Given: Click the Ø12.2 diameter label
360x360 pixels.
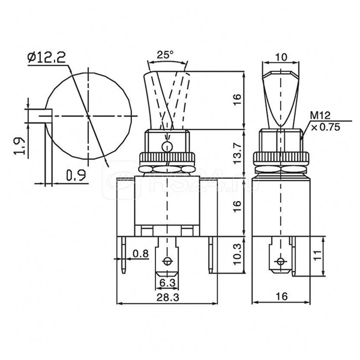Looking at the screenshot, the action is pos(46,58).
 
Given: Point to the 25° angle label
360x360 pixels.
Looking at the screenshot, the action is pos(166,55).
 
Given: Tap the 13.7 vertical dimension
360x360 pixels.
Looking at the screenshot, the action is pos(238,154).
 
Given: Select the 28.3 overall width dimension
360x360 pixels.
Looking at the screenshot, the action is pos(167,298).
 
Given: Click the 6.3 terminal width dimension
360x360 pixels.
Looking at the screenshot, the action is pos(167,283).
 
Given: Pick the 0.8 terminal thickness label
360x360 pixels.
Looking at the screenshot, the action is pos(141,254).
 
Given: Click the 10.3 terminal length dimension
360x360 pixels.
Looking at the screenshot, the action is pos(238,254).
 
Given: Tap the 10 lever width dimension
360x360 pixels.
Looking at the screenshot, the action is pos(281,57).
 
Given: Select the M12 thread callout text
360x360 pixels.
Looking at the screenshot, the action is pos(320,115).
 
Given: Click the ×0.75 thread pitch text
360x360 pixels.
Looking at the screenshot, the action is pos(325,127).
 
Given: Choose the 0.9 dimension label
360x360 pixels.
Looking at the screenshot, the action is pos(76,175).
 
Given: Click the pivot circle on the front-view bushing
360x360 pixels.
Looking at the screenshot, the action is pos(167,146).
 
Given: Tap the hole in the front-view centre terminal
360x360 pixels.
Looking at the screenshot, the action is pos(167,261).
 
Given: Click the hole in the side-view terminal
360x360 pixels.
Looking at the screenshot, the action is pos(280,261).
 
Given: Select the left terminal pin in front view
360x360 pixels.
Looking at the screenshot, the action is pos(124,255).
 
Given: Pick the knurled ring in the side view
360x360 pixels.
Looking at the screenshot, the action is pos(281,157).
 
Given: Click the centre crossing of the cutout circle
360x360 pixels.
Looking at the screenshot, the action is pos(88,116).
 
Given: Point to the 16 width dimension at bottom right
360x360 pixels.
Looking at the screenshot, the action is pos(281,296).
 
